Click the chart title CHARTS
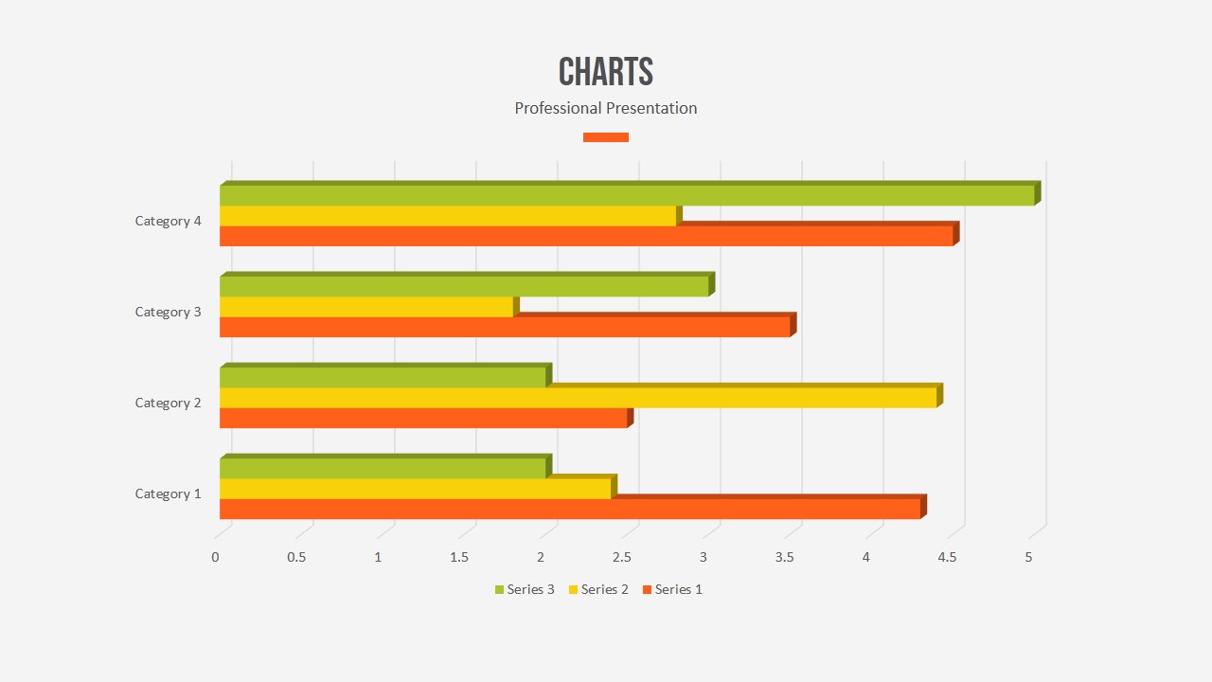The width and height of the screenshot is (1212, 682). pos(606,72)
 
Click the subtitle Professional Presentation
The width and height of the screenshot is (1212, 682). pos(606,108)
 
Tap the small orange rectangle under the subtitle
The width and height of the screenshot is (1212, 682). pos(606,137)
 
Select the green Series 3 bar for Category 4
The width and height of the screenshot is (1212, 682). pos(625,195)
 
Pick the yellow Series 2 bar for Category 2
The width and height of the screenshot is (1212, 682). pos(578,398)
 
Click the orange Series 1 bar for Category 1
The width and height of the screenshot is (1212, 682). pos(568,509)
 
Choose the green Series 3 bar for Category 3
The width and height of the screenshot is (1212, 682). pos(464,286)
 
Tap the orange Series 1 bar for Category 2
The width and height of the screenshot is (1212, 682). pos(423,418)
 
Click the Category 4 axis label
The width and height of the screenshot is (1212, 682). pos(169,221)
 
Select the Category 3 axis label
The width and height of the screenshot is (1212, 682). pos(169,312)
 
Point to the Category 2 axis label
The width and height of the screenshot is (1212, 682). pos(169,403)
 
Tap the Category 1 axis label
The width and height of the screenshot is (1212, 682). pos(169,494)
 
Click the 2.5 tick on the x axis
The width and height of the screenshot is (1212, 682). pos(622,557)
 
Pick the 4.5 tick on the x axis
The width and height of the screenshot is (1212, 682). pos(948,557)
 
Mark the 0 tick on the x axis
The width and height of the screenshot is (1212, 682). pos(215,557)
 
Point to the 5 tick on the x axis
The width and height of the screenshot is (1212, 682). pos(1029,557)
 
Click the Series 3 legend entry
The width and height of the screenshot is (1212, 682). pos(525,589)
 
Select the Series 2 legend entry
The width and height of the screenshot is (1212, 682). pos(598,589)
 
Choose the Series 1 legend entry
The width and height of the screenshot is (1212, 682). pos(672,589)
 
